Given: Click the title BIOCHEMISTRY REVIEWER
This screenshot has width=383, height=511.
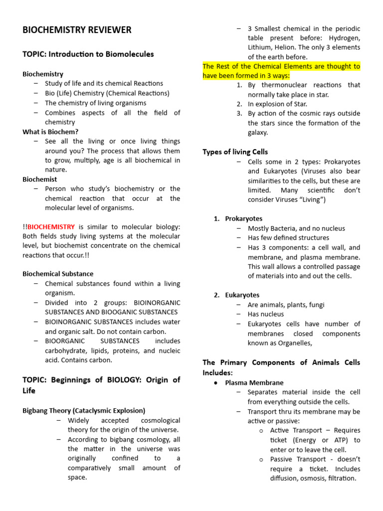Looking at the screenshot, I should point(77,30).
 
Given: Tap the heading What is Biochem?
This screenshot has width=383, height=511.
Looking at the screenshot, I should point(50,132).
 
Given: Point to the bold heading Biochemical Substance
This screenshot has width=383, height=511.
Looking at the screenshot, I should point(58,273).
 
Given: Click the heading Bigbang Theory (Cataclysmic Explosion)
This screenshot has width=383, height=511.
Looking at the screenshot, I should point(84,410).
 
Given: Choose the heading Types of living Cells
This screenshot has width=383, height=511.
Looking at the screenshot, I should point(235,152).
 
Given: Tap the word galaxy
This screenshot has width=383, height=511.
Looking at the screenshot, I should point(258,132).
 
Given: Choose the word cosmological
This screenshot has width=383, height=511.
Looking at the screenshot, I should point(156,420).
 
